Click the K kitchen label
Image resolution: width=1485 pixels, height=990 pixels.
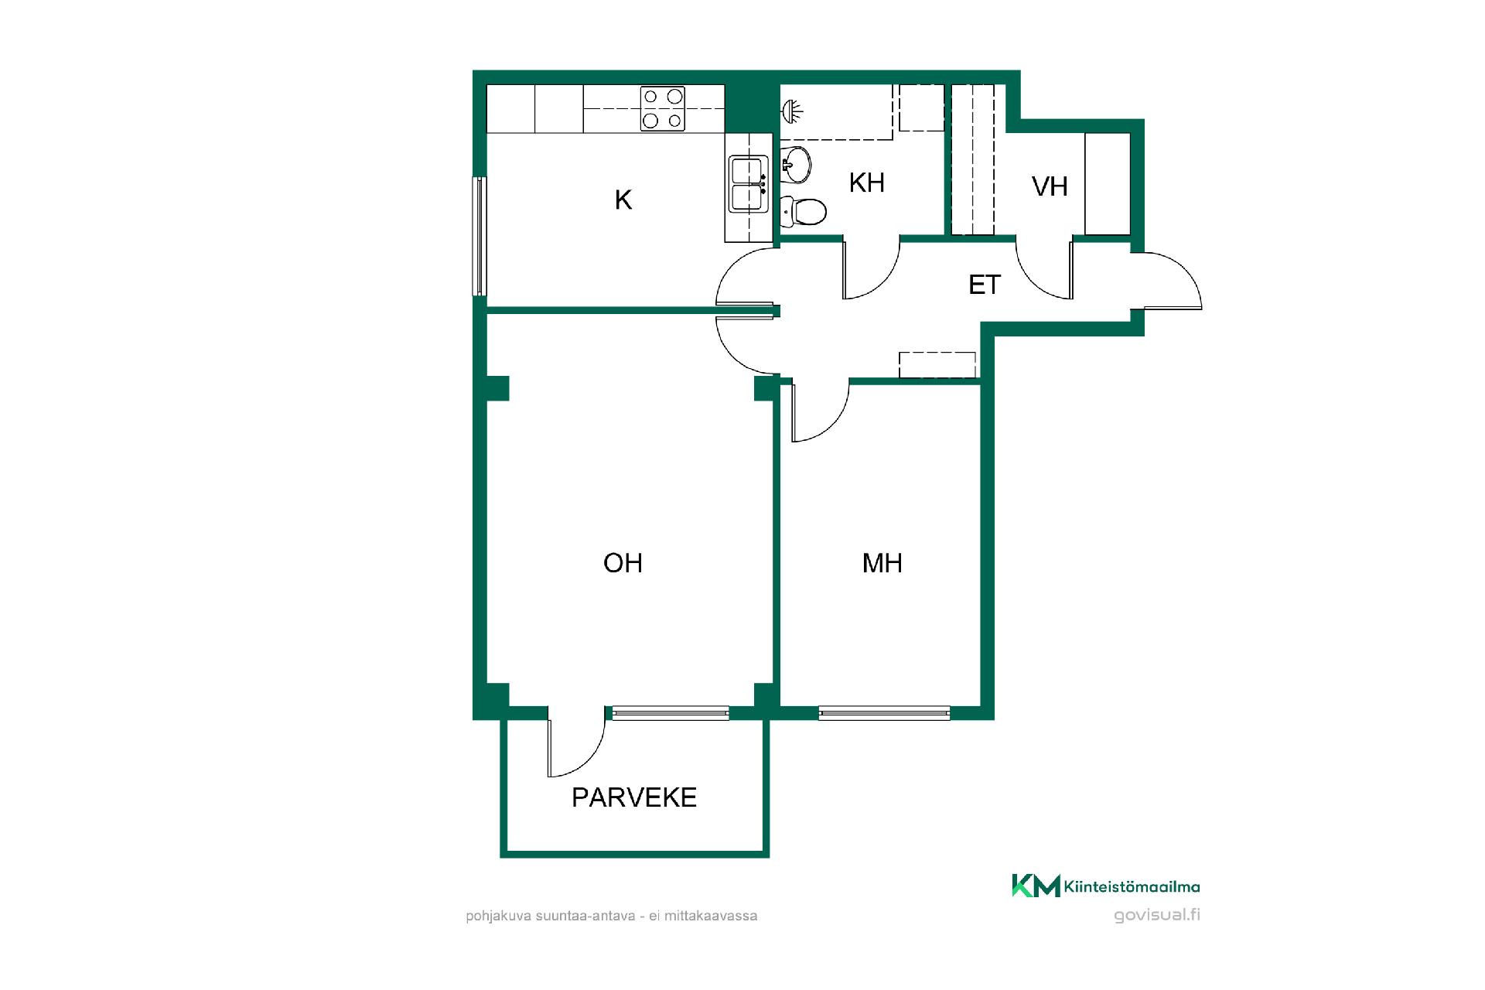coord(623,200)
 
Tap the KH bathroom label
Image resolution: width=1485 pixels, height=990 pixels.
coord(866,183)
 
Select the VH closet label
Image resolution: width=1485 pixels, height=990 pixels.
coord(1050,186)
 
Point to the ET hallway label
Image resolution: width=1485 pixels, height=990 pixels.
coord(985,285)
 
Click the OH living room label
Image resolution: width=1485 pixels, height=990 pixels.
coord(623,563)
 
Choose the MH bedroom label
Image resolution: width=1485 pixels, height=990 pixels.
coord(882,563)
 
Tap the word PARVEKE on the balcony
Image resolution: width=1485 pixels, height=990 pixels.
coord(634,797)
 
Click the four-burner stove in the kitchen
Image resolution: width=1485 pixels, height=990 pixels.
coord(663,108)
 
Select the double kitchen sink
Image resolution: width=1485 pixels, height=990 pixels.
coord(748,183)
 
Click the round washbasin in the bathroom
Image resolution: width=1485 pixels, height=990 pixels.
coord(796,163)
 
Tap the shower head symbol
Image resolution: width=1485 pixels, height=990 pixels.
coord(791,112)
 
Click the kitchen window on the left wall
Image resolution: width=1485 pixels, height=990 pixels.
coord(480,236)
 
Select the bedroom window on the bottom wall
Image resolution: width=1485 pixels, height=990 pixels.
coord(884,713)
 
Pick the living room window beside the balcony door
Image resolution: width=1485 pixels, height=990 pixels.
coord(671,713)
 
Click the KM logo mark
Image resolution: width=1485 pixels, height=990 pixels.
coord(1036,886)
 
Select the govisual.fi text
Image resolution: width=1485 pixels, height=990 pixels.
coord(1157,915)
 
